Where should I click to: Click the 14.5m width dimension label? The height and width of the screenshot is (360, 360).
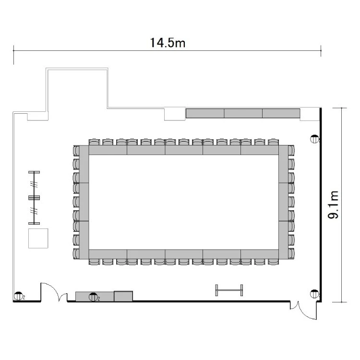(x=168, y=43)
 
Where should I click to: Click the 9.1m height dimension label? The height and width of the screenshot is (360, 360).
(x=333, y=205)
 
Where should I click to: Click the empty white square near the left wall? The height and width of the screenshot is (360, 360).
(x=38, y=238)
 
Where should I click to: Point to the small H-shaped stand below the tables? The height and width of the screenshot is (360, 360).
(x=229, y=290)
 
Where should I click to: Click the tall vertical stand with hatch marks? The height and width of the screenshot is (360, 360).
(x=34, y=197)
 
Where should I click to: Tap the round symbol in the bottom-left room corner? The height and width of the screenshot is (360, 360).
(x=18, y=296)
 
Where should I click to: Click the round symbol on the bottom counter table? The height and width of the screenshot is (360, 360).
(x=93, y=297)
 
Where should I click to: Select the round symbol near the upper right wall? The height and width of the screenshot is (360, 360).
(x=314, y=139)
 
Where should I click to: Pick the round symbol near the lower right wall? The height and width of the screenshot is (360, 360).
(x=314, y=294)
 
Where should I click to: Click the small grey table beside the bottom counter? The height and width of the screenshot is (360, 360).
(x=123, y=296)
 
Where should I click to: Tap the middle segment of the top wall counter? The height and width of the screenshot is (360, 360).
(x=243, y=113)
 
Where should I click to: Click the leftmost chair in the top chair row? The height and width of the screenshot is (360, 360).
(x=95, y=142)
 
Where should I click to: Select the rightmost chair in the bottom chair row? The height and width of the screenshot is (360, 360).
(x=273, y=262)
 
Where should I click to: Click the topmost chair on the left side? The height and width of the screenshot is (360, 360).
(x=76, y=151)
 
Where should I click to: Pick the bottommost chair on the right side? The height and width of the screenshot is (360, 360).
(x=291, y=254)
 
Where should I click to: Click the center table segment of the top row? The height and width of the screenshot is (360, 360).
(x=184, y=150)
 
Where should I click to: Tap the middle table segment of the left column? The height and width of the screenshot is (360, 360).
(x=84, y=202)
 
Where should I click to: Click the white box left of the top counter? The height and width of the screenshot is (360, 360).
(x=175, y=114)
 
